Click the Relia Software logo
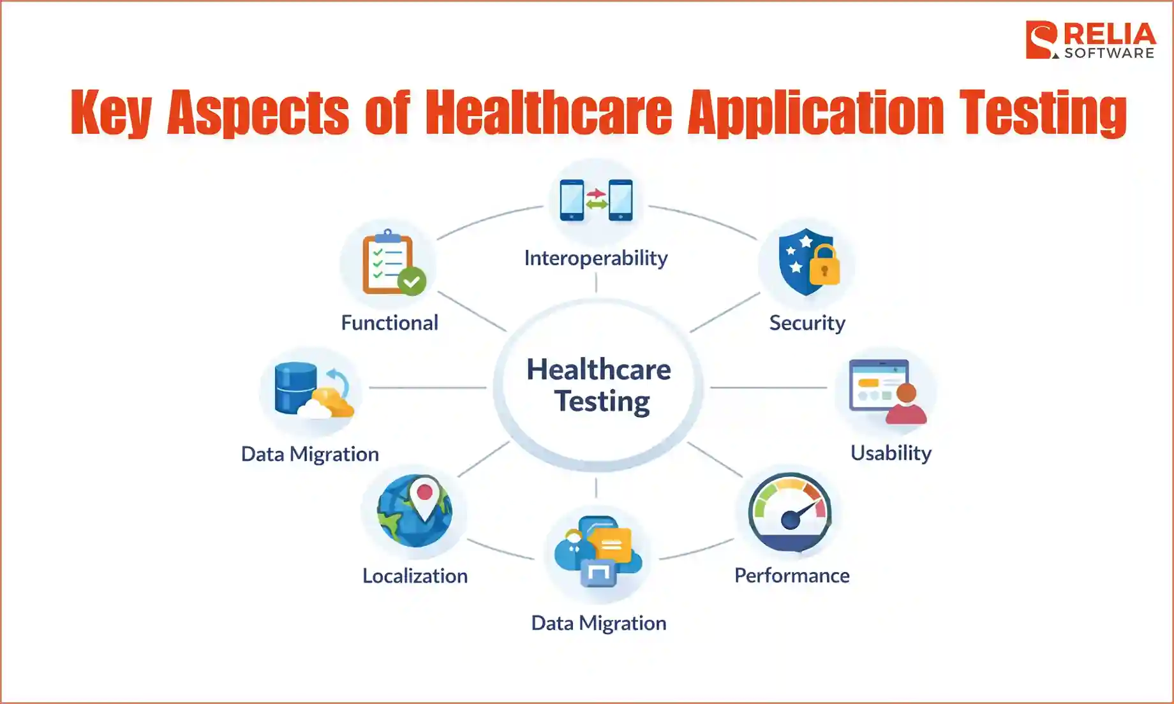click(1090, 40)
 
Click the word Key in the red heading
click(111, 113)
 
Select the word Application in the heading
click(815, 113)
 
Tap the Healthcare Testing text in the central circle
click(598, 385)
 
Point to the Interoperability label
click(596, 258)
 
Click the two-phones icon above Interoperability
click(596, 200)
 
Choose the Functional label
click(389, 323)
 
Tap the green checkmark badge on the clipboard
click(412, 281)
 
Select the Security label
click(807, 323)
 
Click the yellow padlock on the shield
click(824, 265)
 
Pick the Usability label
click(891, 453)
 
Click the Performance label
click(792, 576)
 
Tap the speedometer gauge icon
click(790, 512)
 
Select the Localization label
click(415, 576)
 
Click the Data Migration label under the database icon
click(310, 454)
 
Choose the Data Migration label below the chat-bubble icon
click(598, 623)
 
